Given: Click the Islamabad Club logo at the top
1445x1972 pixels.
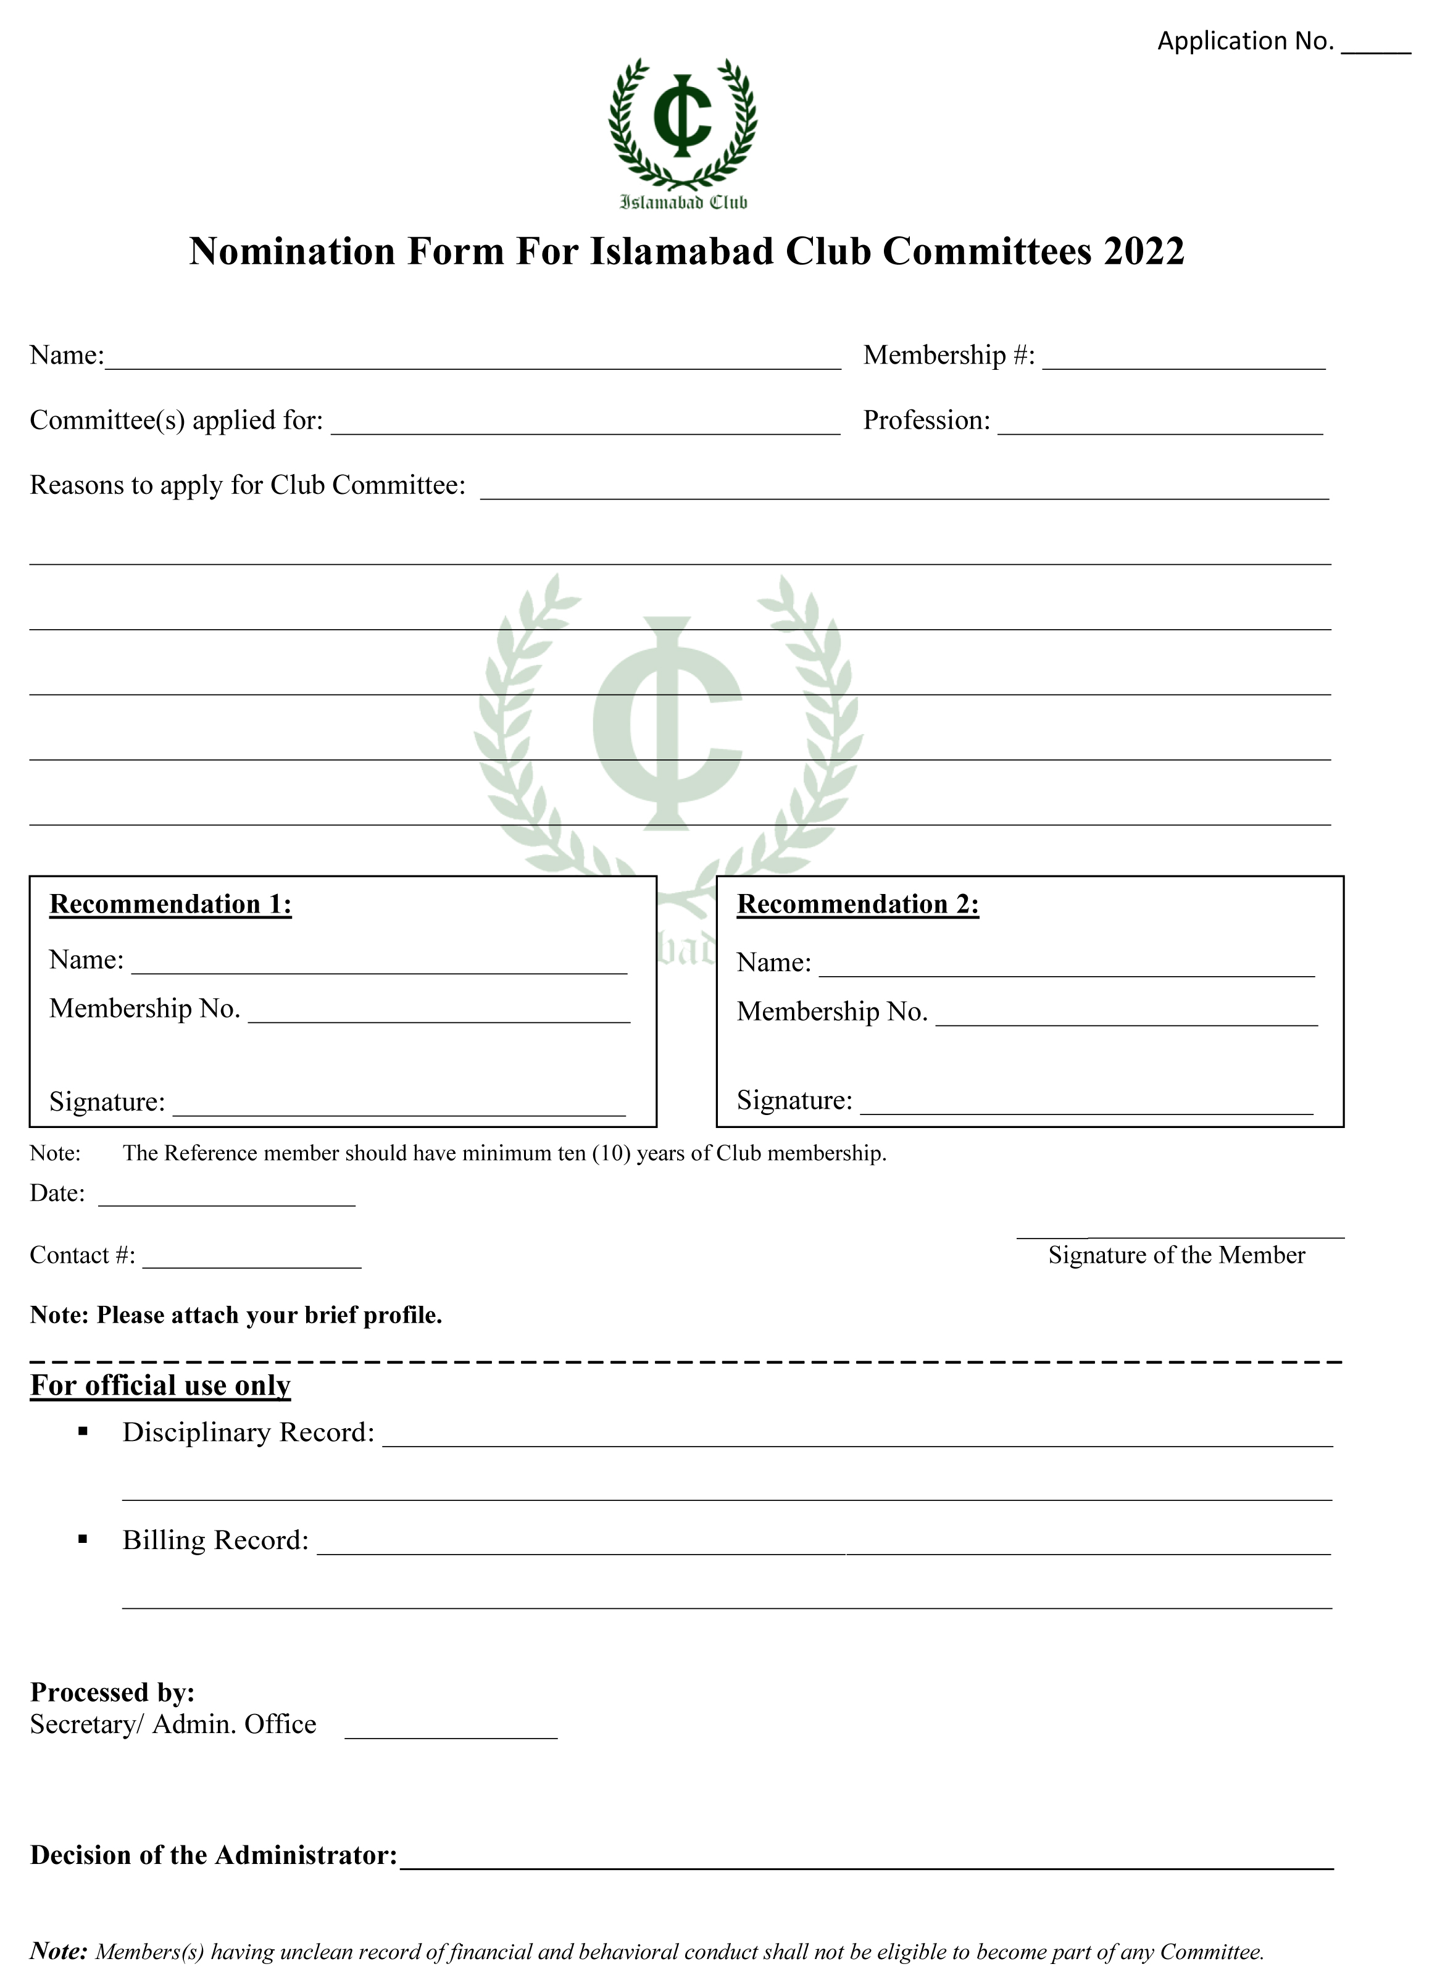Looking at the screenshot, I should pos(682,132).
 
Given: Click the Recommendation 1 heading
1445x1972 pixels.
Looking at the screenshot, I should pos(170,904).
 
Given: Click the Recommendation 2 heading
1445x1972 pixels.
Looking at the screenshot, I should pos(858,904).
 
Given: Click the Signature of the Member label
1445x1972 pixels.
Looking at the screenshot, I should pos(1176,1255).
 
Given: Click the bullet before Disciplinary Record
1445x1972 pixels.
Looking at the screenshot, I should pos(83,1431).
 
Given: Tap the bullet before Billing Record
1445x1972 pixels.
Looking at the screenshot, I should pos(83,1540).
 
